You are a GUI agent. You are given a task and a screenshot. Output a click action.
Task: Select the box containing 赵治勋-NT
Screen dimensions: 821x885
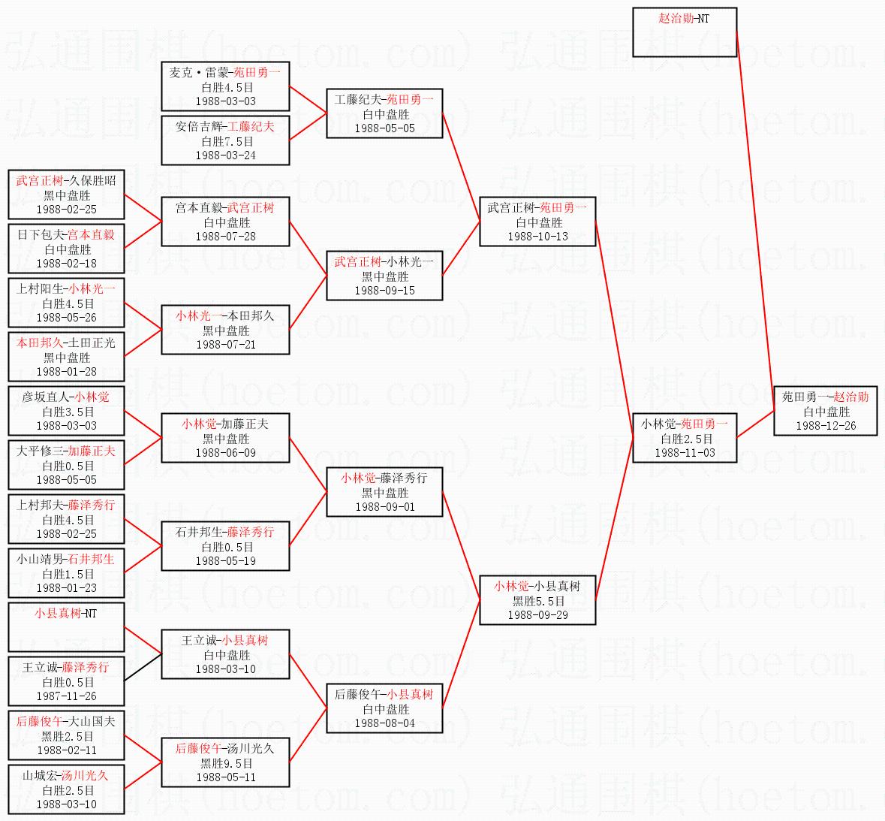coord(685,32)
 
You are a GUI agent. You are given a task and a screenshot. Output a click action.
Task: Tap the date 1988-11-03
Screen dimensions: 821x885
coord(685,453)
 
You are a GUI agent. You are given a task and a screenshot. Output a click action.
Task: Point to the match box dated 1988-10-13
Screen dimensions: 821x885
coord(537,222)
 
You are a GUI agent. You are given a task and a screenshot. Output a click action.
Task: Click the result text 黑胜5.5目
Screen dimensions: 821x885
coord(537,601)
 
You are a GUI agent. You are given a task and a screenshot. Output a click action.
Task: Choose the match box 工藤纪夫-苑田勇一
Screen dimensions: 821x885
coord(384,113)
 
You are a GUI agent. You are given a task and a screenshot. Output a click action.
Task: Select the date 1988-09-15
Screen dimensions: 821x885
coord(384,291)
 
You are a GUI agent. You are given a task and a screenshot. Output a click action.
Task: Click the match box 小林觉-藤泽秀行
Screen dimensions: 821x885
coord(384,492)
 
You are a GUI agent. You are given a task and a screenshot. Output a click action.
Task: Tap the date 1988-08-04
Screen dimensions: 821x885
coord(384,723)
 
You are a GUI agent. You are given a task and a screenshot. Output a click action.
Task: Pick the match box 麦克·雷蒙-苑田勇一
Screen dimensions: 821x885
coord(225,86)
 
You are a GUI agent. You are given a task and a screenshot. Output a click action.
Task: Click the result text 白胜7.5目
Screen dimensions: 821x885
coord(225,141)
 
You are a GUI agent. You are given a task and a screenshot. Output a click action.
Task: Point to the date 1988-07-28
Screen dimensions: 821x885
coord(225,237)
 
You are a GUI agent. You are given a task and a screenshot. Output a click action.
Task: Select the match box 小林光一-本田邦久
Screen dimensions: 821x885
coord(225,330)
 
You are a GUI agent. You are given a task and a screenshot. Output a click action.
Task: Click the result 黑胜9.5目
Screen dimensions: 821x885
coord(225,763)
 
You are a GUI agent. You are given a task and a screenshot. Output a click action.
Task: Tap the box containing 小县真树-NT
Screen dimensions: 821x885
coord(66,627)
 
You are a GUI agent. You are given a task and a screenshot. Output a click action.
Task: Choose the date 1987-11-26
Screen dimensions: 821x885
coord(66,696)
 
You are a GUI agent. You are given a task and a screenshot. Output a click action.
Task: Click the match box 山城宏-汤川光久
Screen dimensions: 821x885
coord(66,789)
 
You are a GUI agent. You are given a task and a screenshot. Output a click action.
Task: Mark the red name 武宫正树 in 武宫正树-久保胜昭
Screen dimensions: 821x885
coord(39,181)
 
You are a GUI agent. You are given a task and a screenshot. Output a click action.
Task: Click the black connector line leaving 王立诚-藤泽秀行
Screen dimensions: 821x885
coord(143,667)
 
